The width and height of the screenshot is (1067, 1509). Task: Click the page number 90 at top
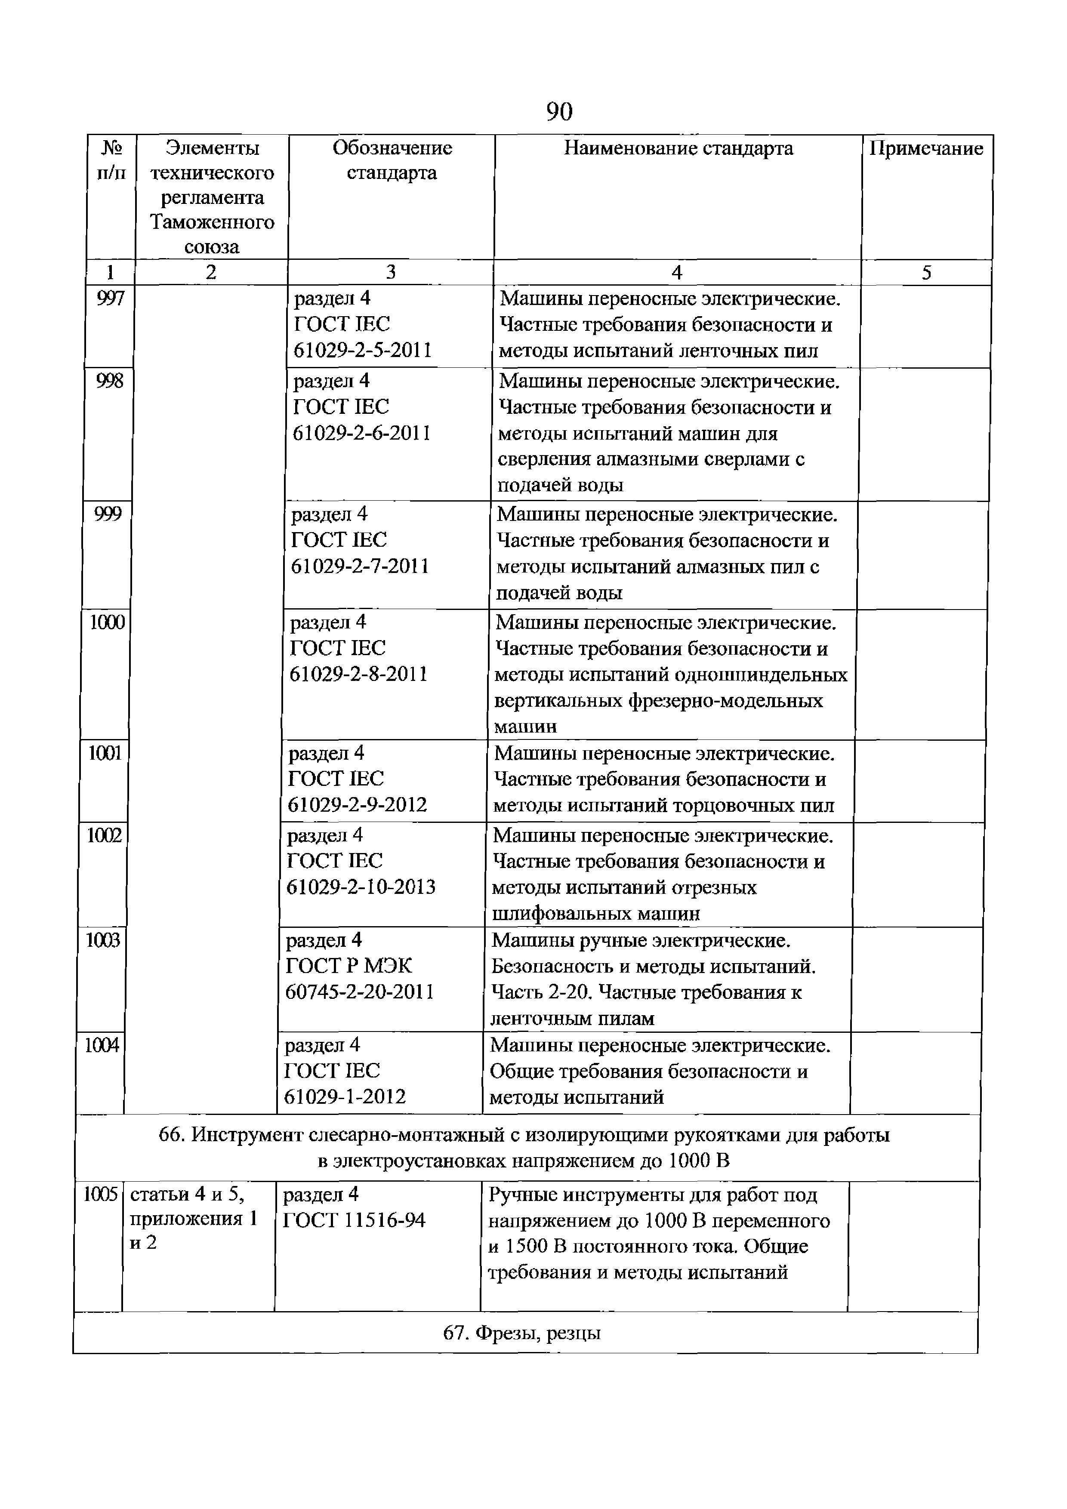coord(559,112)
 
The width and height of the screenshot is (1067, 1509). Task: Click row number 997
coord(110,299)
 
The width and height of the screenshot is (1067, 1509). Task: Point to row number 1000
coord(107,622)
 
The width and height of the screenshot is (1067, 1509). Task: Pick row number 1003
coord(103,940)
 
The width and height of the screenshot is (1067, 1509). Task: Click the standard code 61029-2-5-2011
coord(362,350)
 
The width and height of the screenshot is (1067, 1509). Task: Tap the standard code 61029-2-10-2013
coord(361,887)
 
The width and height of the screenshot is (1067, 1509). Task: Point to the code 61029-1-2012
coord(345,1096)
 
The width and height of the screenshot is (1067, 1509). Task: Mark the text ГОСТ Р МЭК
coord(348,965)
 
